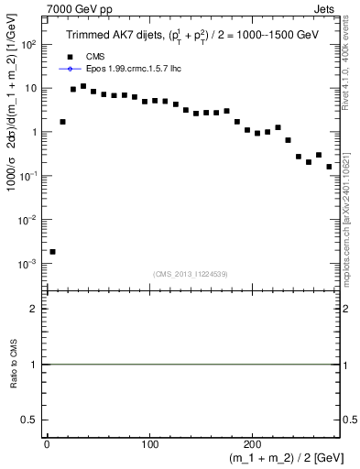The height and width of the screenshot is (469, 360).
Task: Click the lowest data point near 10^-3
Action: (52, 251)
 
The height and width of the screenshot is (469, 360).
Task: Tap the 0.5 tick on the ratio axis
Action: (34, 420)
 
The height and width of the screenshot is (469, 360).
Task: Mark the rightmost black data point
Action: (329, 167)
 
